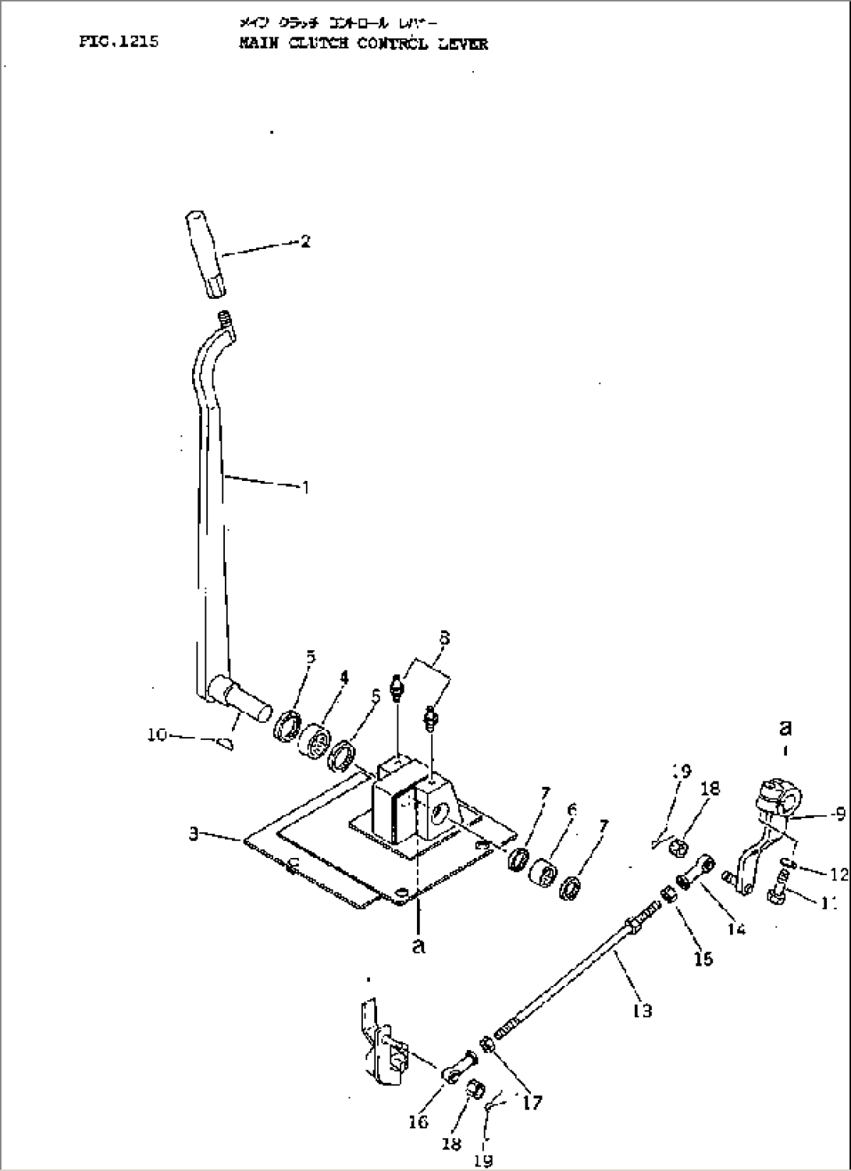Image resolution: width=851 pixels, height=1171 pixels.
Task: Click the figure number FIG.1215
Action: click(x=119, y=42)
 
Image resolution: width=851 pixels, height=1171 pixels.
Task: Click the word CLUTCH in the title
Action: click(x=311, y=44)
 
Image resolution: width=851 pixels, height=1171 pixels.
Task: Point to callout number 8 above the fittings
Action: click(x=443, y=639)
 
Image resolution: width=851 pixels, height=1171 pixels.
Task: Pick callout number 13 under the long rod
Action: click(x=643, y=1010)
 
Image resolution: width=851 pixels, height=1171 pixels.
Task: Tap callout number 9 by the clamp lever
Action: click(x=839, y=813)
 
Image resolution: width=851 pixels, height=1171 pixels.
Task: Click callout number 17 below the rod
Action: click(x=533, y=1102)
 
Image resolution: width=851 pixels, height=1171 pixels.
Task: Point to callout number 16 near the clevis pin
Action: click(x=418, y=1122)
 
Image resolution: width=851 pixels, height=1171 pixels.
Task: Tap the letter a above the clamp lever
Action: click(x=785, y=728)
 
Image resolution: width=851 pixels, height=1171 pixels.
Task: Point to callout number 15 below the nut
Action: click(x=703, y=957)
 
